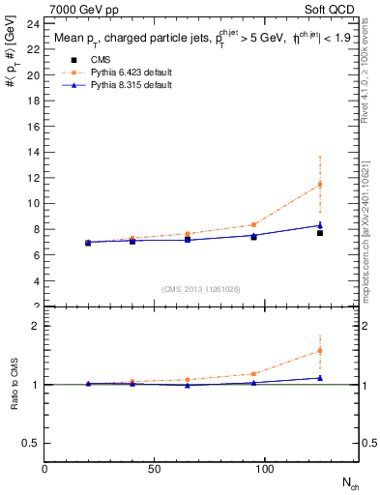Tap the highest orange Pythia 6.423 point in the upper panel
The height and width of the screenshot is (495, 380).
(x=320, y=184)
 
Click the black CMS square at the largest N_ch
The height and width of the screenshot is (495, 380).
(x=320, y=233)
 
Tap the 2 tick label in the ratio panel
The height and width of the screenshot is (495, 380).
(x=35, y=327)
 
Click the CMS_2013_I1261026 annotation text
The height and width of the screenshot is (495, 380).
(x=201, y=288)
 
